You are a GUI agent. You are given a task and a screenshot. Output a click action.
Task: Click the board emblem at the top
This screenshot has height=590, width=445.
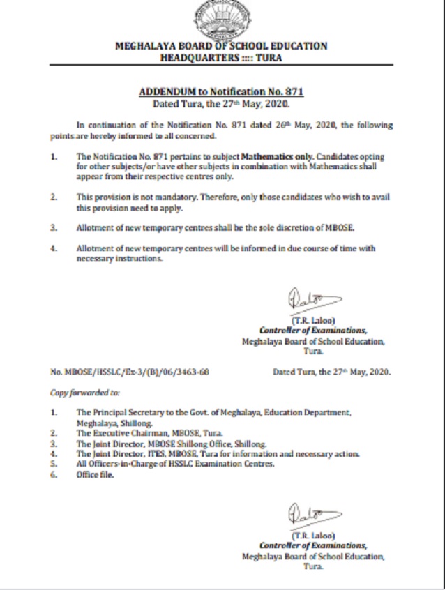coord(222,21)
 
